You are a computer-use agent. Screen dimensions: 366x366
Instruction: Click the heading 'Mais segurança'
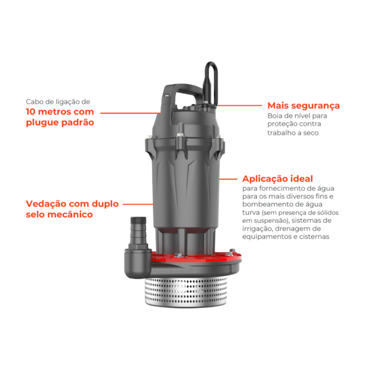pyautogui.click(x=303, y=106)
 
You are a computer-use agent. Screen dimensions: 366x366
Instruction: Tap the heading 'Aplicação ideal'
pyautogui.click(x=278, y=179)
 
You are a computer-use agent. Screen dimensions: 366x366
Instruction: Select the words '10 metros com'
pyautogui.click(x=60, y=112)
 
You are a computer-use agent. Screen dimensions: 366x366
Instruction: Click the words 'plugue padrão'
pyautogui.click(x=60, y=123)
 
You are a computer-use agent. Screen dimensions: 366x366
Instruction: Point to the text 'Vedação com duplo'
pyautogui.click(x=72, y=204)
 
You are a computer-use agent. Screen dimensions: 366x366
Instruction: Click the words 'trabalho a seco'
pyautogui.click(x=293, y=132)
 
